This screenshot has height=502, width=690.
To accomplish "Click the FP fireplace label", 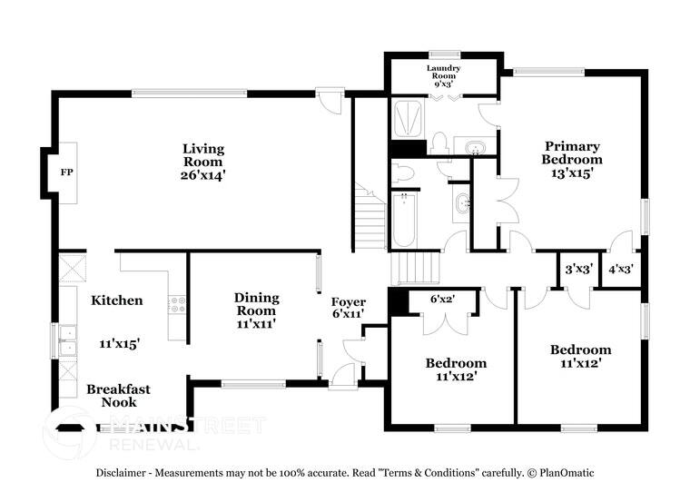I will click(66, 172).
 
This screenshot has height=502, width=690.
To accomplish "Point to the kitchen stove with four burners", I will click(176, 305).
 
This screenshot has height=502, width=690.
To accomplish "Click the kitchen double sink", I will click(65, 340).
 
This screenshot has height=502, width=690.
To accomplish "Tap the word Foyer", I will click(348, 302).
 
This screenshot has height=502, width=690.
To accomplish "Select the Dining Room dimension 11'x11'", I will click(256, 323).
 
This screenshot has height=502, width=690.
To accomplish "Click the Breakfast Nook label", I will click(118, 396).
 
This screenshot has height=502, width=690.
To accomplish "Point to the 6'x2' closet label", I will click(443, 299).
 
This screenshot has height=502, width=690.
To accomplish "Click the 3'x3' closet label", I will click(577, 269).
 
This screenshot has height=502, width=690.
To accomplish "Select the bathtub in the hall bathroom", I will click(403, 221).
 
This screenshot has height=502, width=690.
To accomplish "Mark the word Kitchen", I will click(116, 300).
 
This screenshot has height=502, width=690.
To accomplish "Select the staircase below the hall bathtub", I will click(416, 268).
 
